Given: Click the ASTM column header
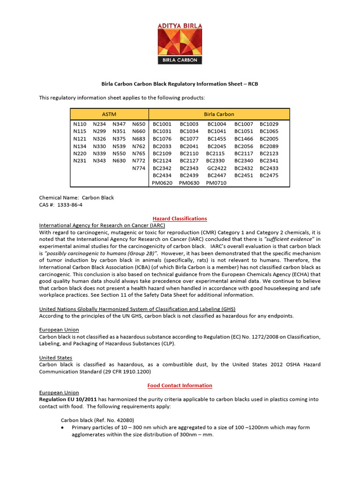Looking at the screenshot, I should coord(109,114).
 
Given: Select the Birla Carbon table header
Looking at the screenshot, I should coord(219,114).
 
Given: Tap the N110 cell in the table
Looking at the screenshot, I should coord(80,124).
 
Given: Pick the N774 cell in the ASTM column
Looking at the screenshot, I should coord(139,168).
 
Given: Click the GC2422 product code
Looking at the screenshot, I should coord(217,168).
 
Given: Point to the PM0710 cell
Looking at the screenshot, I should coord(216,183).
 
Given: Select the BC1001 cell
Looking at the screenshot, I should coord(162,124).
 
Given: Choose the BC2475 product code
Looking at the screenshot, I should coord(269,176).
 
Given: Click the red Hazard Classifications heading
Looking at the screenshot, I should coord(180,218).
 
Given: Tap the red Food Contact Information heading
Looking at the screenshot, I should coord(180,385).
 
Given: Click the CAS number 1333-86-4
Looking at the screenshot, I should coord(73,205).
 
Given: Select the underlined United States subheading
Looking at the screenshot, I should coord(55,358).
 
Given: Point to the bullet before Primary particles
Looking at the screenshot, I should coord(63,427).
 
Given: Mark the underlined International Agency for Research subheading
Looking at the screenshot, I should coord(102,225).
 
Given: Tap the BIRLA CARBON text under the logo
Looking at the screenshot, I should coord(180,60).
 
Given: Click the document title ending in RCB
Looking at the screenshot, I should coord(180,84).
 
